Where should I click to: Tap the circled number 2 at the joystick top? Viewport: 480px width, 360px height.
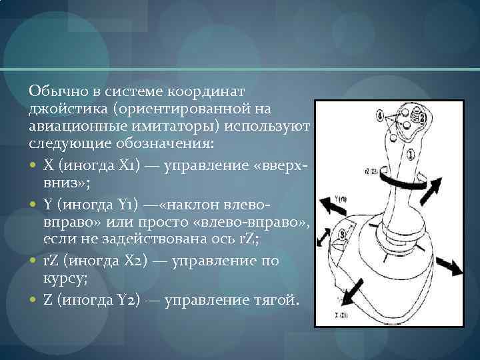pyautogui.click(x=420, y=118)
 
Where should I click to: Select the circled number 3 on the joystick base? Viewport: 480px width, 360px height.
pyautogui.click(x=343, y=234)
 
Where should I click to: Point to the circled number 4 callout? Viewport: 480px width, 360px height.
pyautogui.click(x=380, y=116)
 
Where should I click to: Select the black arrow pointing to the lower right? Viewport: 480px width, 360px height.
pyautogui.click(x=451, y=265)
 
